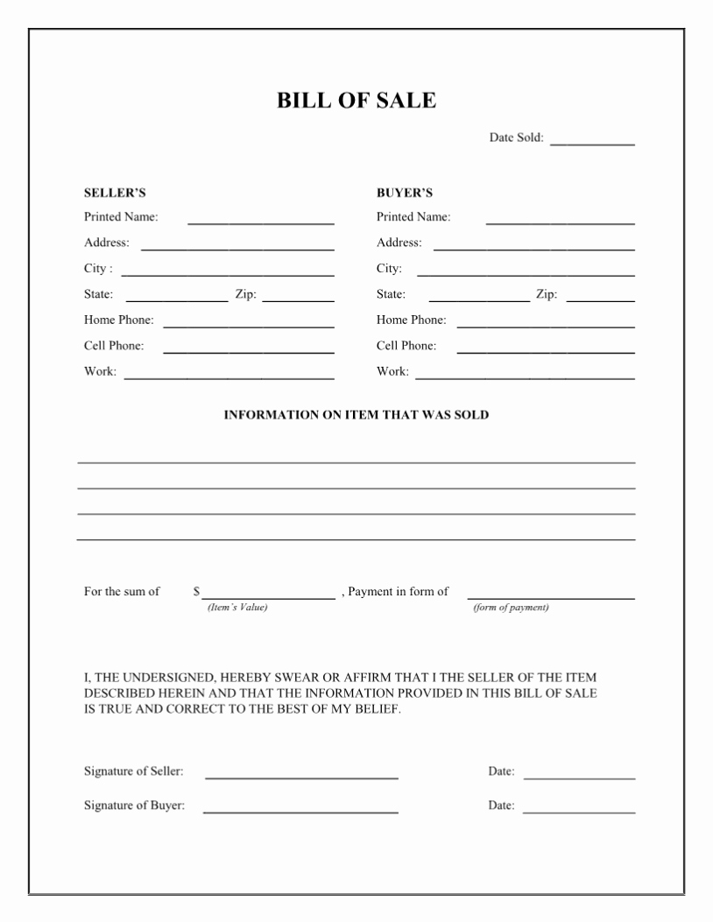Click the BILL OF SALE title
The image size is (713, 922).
coord(356,101)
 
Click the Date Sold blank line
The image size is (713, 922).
coord(592,143)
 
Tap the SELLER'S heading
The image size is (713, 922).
coord(115,193)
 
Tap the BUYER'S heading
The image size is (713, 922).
coord(405,193)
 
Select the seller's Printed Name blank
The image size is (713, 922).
coord(261,223)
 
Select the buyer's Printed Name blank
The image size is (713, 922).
coord(561,223)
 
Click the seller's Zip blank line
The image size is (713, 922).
coord(299,300)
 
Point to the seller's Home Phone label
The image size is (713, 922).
coord(118,320)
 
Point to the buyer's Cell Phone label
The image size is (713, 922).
coord(406,346)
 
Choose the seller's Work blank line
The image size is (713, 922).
coord(229,378)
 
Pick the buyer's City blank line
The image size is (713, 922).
coord(526,275)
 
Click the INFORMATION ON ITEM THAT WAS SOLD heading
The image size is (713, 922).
coord(356,415)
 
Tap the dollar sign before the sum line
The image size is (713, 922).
coord(196,592)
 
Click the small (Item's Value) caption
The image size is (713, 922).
coord(236,608)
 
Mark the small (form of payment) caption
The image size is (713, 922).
coord(511,608)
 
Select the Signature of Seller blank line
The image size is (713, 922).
coord(301,777)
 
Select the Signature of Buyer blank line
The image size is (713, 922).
coord(301,812)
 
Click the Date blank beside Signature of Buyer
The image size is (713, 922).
coord(580,812)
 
